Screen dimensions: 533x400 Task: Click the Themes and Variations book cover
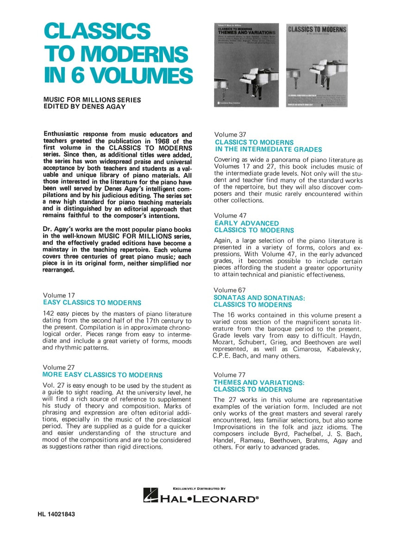[x=246, y=65]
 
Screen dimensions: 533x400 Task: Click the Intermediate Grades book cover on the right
[x=317, y=65]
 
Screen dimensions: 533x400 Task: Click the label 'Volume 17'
[x=59, y=295]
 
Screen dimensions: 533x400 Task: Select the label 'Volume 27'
[x=59, y=367]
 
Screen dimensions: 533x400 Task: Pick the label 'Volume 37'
[x=230, y=135]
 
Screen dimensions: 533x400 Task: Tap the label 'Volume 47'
[x=230, y=216]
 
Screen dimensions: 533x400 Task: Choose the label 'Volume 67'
[x=230, y=290]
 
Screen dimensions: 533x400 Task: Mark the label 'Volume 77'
[x=230, y=375]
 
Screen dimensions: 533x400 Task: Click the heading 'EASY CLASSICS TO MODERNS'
[x=92, y=303]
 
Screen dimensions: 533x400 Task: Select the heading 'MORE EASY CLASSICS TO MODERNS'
[x=102, y=375]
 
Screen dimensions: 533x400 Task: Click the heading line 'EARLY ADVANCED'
[x=247, y=223]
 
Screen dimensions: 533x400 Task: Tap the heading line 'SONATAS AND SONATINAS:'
[x=259, y=297]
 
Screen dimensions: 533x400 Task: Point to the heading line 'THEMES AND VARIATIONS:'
[x=259, y=382]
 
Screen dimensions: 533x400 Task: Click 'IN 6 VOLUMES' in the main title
[x=119, y=75]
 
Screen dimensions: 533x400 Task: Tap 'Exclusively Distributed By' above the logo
[x=199, y=488]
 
